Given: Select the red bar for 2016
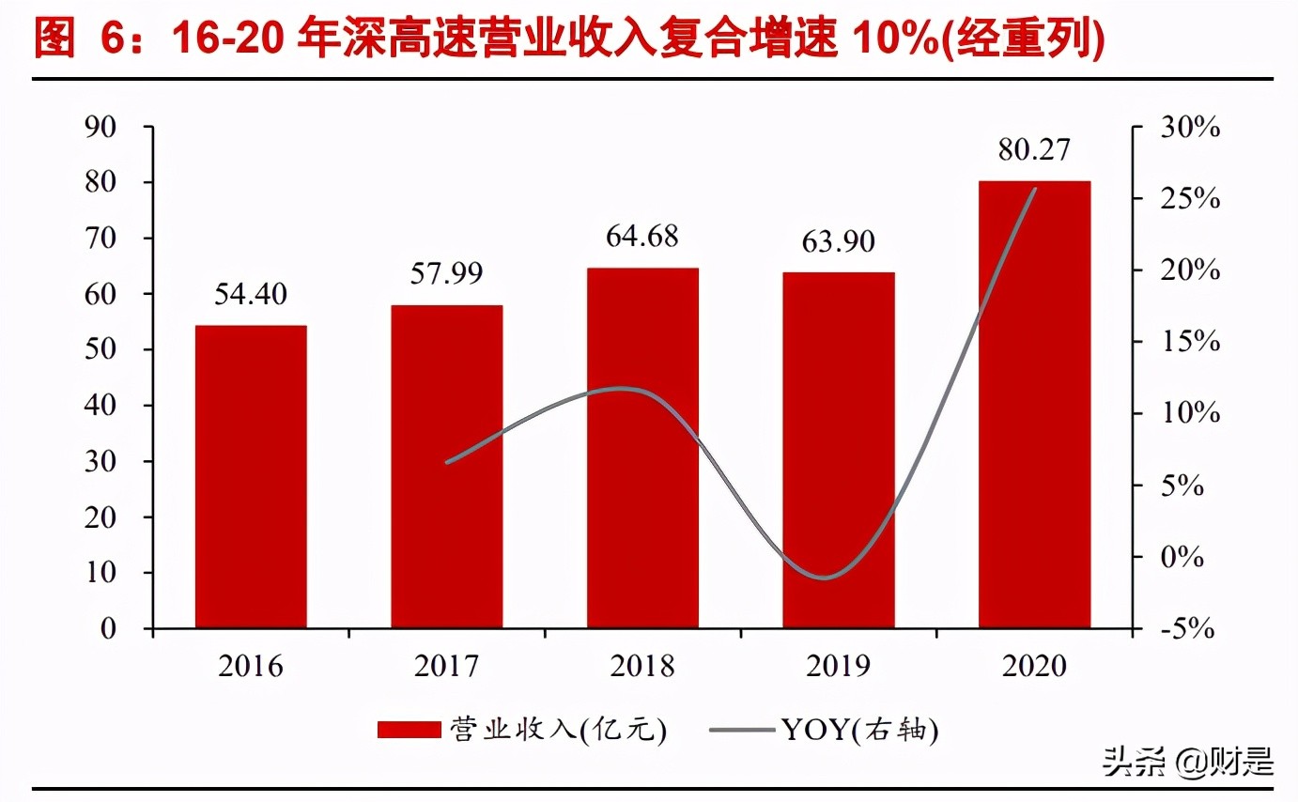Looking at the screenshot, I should [251, 476].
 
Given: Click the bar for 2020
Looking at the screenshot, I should [1034, 404].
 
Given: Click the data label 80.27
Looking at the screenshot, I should [1035, 149].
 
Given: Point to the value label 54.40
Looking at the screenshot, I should [251, 295].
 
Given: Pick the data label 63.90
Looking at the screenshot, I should [839, 241].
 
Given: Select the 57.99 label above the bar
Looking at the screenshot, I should [447, 274].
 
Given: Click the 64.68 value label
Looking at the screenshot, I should [643, 236].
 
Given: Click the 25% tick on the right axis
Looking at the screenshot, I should [1189, 199].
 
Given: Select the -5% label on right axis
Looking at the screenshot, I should [1187, 628].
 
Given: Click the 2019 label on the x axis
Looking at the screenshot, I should [839, 666].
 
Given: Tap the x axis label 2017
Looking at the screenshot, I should [447, 666].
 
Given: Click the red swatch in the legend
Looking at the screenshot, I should [409, 730].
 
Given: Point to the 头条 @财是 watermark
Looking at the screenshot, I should [1188, 761].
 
